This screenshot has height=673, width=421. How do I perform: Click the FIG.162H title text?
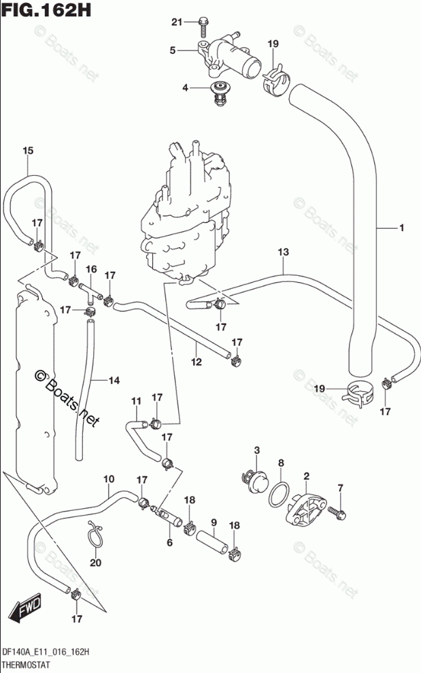tap(46, 9)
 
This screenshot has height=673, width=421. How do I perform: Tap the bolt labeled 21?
tap(203, 27)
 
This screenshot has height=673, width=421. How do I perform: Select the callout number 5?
tap(172, 50)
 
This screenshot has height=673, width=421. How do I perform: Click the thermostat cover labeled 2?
tap(306, 510)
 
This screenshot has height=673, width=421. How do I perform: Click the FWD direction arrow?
tap(26, 608)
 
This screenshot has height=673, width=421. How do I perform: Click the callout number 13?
tap(284, 252)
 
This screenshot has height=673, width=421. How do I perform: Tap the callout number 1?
tap(402, 228)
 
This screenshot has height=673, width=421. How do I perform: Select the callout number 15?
tap(28, 151)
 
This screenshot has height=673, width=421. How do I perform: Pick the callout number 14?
tap(114, 380)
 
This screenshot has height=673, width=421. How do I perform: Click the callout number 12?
tap(197, 362)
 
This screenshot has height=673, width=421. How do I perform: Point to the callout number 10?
tap(109, 479)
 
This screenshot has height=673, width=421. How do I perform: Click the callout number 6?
tap(170, 543)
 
